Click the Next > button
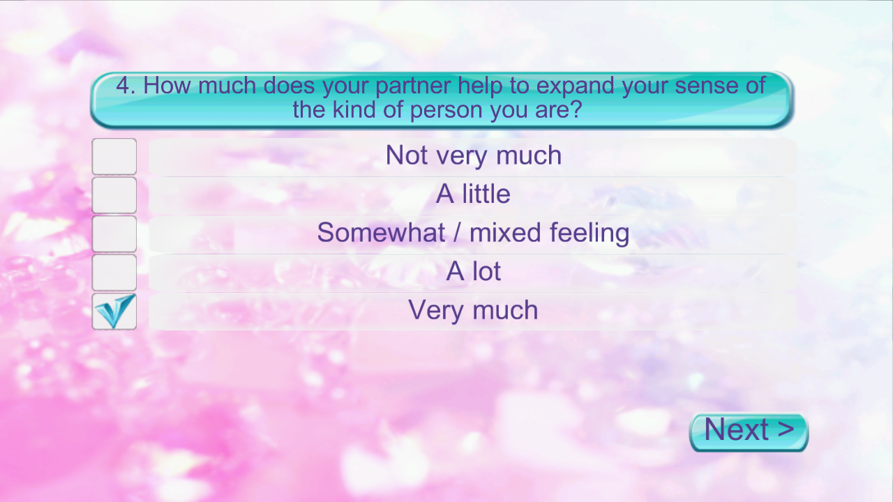(x=749, y=432)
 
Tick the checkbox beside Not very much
(x=114, y=157)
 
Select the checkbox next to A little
(x=114, y=195)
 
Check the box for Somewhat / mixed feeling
(x=114, y=234)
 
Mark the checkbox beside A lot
(x=114, y=273)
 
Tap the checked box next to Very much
(x=114, y=312)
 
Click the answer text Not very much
(x=474, y=155)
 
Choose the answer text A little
(x=473, y=194)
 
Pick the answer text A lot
(x=473, y=271)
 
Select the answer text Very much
(x=473, y=310)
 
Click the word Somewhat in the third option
(x=381, y=232)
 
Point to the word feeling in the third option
(x=590, y=234)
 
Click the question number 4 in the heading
(x=123, y=85)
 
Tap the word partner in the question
(x=412, y=86)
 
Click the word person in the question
(x=446, y=111)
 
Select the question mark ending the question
(x=576, y=109)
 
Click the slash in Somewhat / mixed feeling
(x=457, y=233)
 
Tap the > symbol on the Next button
(x=786, y=429)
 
